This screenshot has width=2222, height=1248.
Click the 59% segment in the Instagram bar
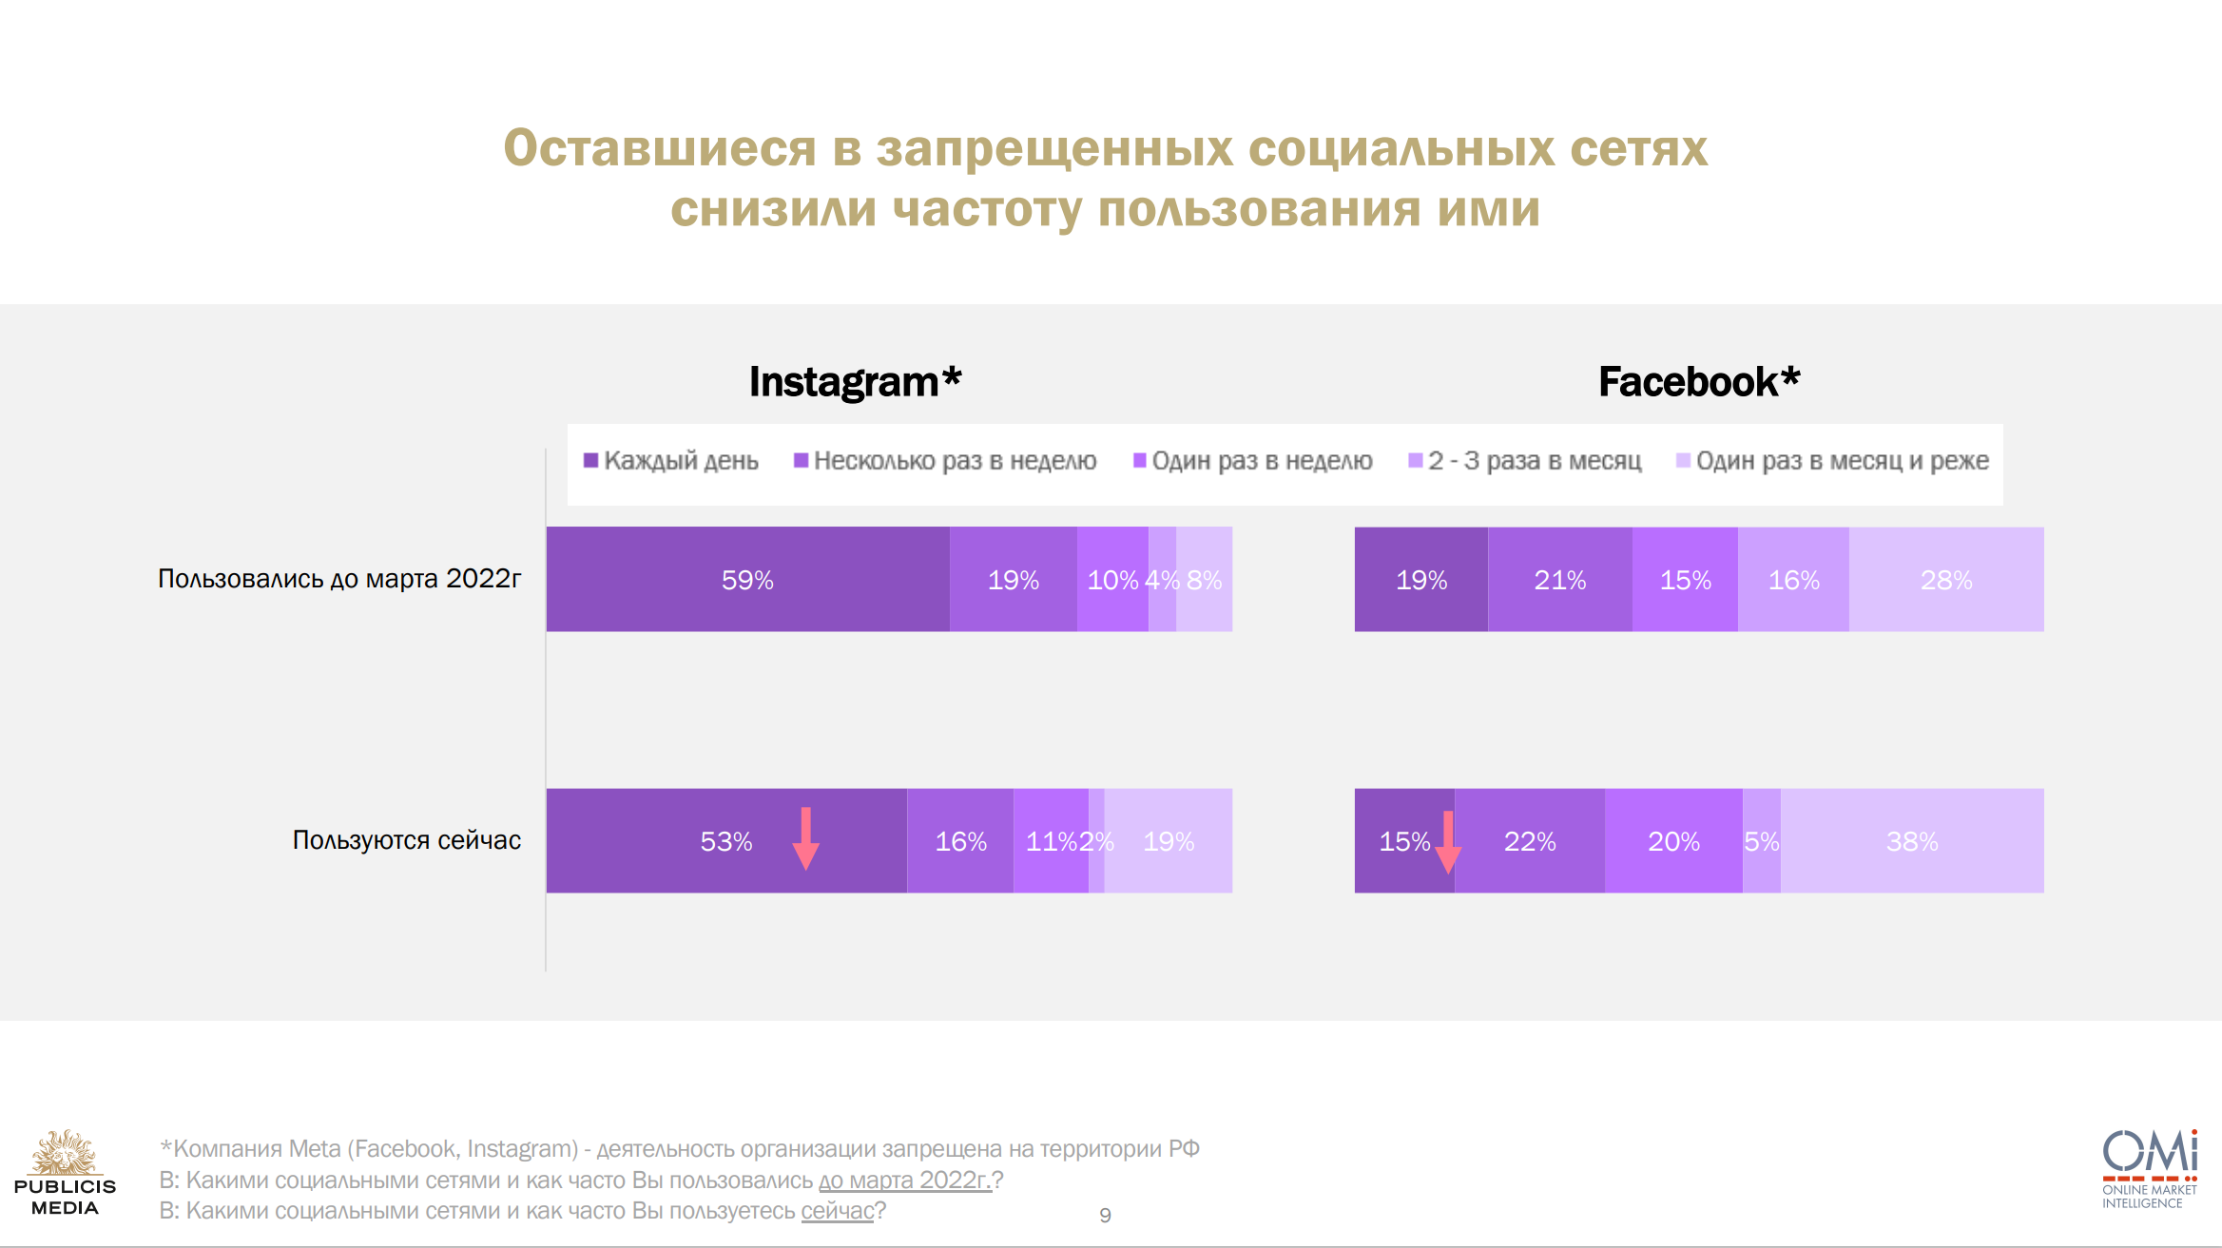(747, 579)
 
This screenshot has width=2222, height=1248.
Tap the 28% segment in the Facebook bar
(1946, 579)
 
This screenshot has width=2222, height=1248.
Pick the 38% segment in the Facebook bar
(1912, 840)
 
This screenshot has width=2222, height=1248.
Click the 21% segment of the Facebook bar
(1559, 579)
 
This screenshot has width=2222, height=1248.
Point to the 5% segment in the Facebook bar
(1761, 840)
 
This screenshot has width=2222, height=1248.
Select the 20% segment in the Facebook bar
(1673, 840)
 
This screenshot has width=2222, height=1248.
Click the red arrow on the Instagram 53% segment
(806, 838)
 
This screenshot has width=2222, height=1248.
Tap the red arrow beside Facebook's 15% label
(1447, 841)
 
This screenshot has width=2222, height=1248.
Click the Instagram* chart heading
(855, 382)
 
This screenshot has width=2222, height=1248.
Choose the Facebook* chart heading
(1699, 382)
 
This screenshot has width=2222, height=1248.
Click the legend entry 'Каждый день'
(671, 461)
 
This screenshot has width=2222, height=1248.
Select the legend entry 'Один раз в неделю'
(1253, 461)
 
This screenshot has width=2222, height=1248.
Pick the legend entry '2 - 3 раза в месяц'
(1525, 461)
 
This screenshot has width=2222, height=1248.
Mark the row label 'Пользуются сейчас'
(406, 840)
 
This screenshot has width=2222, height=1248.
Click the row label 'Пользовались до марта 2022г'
(339, 579)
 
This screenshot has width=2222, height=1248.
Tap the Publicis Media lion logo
(65, 1154)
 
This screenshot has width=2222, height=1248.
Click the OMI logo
(2150, 1168)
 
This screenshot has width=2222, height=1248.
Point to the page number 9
(1105, 1215)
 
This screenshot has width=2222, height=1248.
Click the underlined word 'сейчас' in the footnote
(837, 1211)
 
